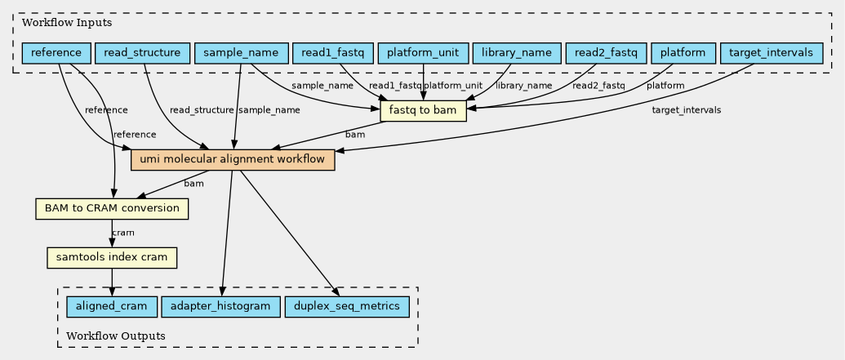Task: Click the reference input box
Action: [56, 53]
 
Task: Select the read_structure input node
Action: [142, 53]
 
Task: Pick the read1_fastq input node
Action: [333, 53]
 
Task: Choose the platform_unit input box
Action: [423, 53]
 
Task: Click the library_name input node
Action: [517, 53]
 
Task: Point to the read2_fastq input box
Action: [607, 53]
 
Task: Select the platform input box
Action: [683, 53]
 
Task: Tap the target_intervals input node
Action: [772, 53]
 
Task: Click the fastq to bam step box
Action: [423, 111]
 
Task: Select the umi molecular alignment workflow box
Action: [233, 160]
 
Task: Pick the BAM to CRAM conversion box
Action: [112, 208]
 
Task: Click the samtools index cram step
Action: [112, 258]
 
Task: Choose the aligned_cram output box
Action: [112, 307]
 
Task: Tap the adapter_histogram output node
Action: [220, 307]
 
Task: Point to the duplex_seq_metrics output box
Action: [346, 307]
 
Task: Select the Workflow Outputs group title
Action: [115, 336]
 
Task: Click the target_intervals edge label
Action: [686, 110]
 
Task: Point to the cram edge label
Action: [122, 233]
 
